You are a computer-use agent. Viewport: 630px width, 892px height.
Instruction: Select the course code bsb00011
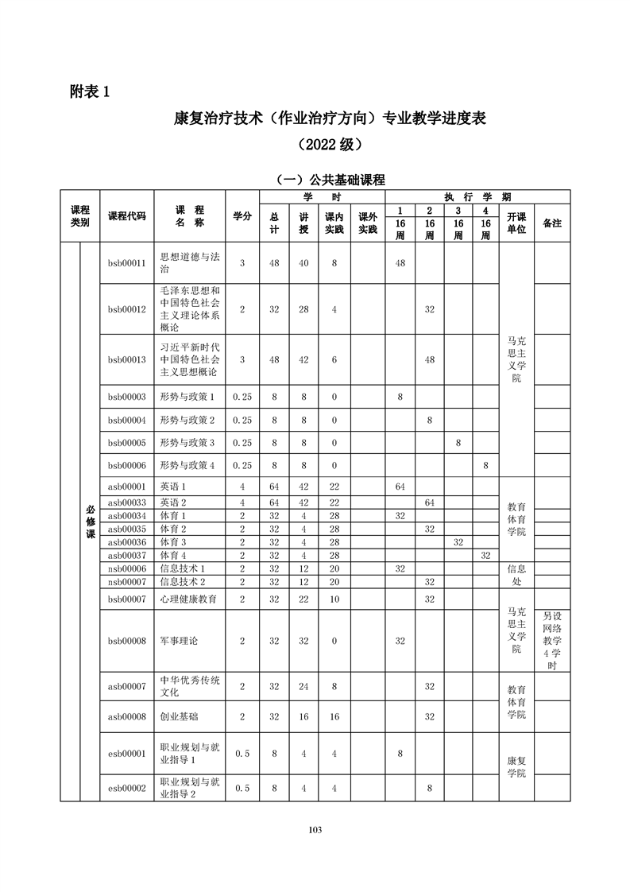126,263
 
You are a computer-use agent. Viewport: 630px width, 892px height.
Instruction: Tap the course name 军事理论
179,641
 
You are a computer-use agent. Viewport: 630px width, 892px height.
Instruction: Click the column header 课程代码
126,216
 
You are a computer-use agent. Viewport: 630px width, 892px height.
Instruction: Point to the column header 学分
242,216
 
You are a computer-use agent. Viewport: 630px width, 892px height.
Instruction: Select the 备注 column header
551,223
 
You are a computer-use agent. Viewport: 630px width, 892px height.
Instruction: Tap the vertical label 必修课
90,521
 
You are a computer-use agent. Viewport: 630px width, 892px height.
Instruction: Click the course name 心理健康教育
188,599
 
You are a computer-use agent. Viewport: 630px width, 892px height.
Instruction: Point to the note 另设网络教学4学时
551,641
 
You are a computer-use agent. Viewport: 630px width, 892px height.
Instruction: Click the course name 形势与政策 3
187,443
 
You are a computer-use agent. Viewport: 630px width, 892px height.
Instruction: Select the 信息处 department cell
516,576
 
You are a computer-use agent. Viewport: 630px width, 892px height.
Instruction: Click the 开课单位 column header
516,223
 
